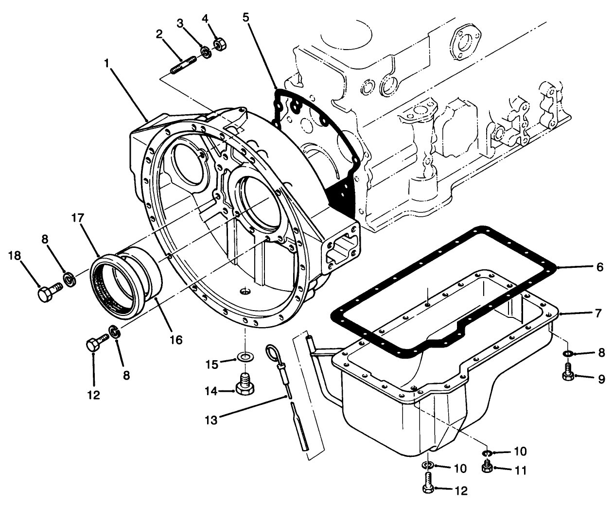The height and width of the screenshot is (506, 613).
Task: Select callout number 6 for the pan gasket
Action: (599, 267)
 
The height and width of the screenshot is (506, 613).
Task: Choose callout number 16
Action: (176, 340)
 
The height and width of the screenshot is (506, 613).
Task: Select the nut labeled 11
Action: (486, 467)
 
